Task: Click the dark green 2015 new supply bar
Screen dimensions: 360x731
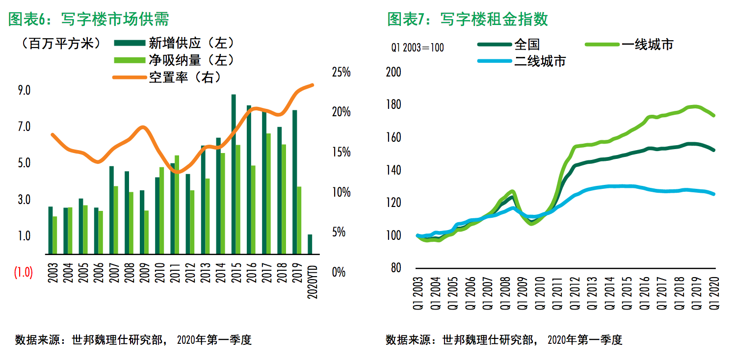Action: point(234,174)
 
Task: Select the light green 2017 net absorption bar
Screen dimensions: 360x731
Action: point(268,194)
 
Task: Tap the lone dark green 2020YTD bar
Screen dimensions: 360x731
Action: point(310,244)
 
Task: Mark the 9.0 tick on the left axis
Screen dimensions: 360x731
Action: point(25,91)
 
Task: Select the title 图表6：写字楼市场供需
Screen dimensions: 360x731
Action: point(89,19)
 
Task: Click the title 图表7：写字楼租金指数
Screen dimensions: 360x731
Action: point(468,19)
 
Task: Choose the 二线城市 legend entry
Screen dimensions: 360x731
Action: point(540,61)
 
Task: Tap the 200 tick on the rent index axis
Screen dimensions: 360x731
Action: point(394,73)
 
